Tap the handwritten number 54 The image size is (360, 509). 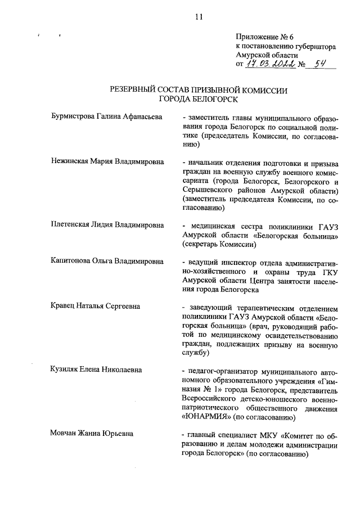tap(322, 64)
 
